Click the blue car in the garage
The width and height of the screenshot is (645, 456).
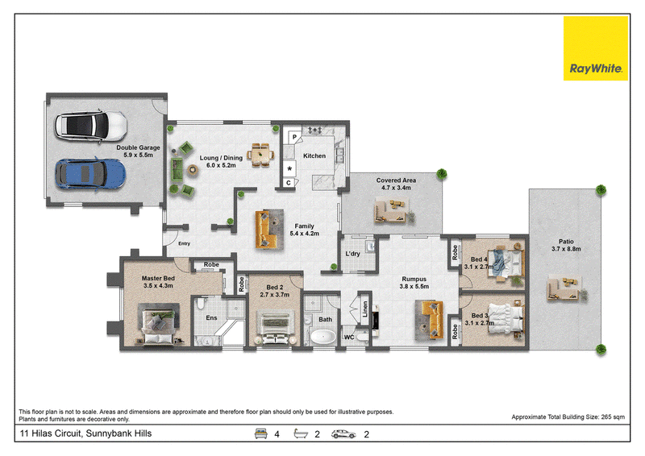pos(90,174)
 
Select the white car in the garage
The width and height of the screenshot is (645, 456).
pos(91,126)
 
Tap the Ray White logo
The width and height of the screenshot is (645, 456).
pos(596,48)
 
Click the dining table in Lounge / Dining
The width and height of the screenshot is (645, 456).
pos(260,155)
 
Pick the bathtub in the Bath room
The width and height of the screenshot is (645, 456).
pos(323,336)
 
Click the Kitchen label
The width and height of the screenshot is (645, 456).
pos(314,155)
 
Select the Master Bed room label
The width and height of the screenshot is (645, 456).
pos(158,279)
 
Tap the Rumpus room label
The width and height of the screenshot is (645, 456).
pos(414,279)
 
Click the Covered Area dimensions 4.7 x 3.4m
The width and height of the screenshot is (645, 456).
pos(396,188)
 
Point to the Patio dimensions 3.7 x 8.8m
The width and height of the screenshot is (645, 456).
pos(566,249)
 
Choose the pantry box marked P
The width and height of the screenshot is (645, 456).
pos(294,137)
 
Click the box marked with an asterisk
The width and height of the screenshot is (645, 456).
pos(289,168)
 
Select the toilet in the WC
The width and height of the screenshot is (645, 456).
pos(362,338)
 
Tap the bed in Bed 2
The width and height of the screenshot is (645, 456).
pos(275,327)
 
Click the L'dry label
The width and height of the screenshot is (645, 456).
pos(352,254)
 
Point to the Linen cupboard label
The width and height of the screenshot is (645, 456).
pos(365,309)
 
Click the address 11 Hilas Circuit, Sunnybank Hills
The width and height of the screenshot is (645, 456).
pos(85,433)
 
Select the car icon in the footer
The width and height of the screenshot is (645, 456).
pos(343,433)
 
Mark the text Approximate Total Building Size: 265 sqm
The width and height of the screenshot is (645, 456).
pos(568,417)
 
